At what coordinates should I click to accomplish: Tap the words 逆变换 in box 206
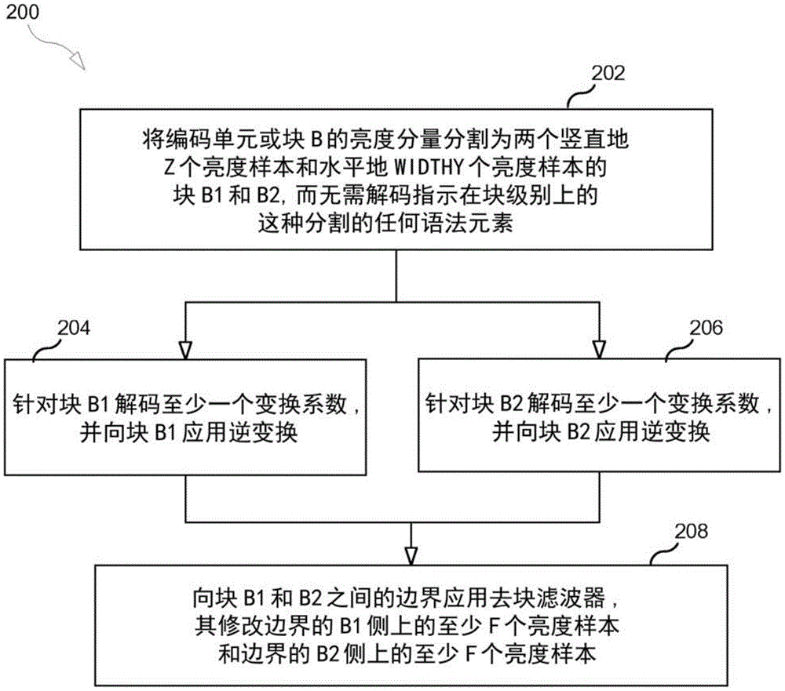(x=677, y=431)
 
